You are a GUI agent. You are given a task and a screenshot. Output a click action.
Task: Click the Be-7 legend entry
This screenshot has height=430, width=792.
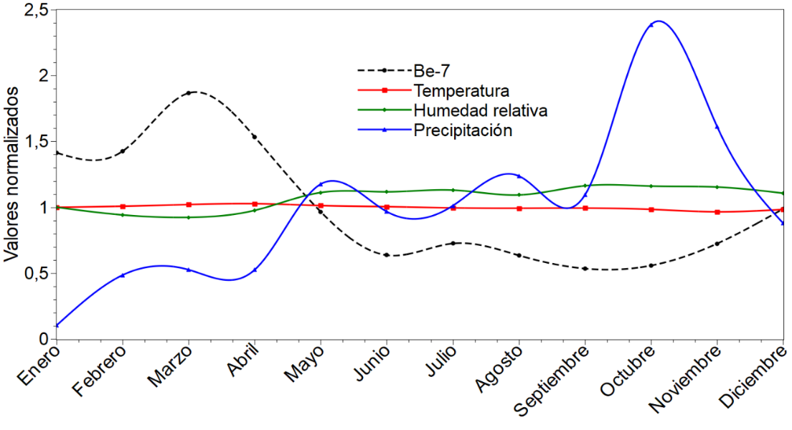(431, 70)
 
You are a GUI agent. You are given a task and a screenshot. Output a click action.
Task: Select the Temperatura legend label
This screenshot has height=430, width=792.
(461, 90)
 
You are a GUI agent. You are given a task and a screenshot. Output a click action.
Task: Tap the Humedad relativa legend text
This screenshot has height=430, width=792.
(480, 110)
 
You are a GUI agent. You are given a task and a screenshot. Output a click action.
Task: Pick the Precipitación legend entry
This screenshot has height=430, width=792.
(462, 130)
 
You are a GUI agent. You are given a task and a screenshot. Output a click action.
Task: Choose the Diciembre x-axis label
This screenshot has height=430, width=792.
(754, 379)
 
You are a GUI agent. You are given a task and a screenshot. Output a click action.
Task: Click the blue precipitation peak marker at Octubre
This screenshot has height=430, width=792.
(651, 25)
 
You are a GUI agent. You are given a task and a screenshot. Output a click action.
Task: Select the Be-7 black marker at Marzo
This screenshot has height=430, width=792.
(189, 93)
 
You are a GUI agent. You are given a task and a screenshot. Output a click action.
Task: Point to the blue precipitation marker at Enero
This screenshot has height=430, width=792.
(57, 325)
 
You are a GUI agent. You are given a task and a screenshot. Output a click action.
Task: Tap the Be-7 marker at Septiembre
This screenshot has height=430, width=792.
(585, 269)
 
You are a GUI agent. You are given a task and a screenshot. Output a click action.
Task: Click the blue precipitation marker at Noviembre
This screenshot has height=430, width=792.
(717, 127)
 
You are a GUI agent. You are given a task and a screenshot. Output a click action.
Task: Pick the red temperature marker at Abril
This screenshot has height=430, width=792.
(255, 204)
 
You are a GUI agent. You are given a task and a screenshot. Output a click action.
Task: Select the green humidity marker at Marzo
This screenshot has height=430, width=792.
(189, 217)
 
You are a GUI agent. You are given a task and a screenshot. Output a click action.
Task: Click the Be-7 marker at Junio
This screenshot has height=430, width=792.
(387, 255)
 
